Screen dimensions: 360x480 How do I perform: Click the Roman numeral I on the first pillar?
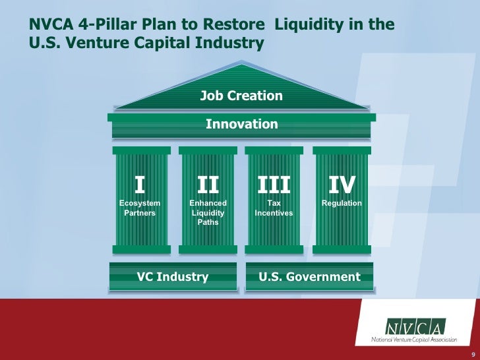139,184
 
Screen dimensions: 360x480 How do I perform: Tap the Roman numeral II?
208,184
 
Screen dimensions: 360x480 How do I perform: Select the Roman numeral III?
274,184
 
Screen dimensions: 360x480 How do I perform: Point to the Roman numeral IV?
342,184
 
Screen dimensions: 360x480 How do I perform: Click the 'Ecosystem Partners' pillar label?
139,208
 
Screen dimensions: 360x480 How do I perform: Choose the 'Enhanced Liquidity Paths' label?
208,213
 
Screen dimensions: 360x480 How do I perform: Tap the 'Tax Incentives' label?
274,208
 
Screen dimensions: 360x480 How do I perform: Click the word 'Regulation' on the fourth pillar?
342,203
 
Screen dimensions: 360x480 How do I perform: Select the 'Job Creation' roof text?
241,96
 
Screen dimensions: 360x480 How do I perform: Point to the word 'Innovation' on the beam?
241,124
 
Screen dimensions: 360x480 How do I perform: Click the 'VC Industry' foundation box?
173,276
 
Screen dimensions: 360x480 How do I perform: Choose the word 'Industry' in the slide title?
231,43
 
